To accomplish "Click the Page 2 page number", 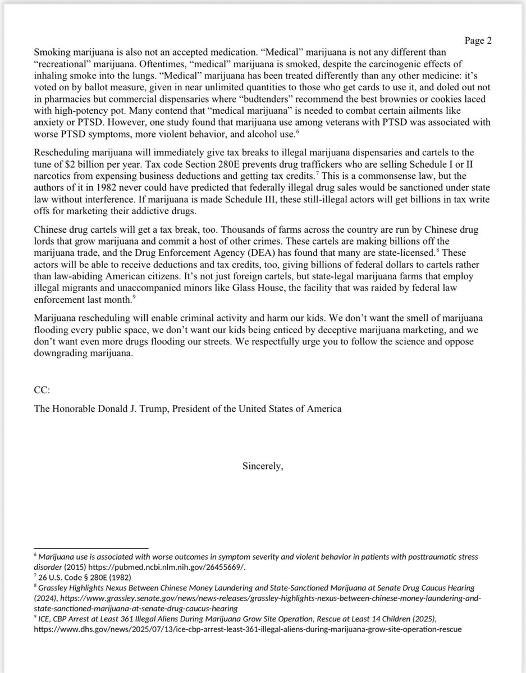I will [478, 40].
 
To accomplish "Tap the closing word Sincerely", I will [263, 465].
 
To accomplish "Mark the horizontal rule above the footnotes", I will [91, 548].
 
